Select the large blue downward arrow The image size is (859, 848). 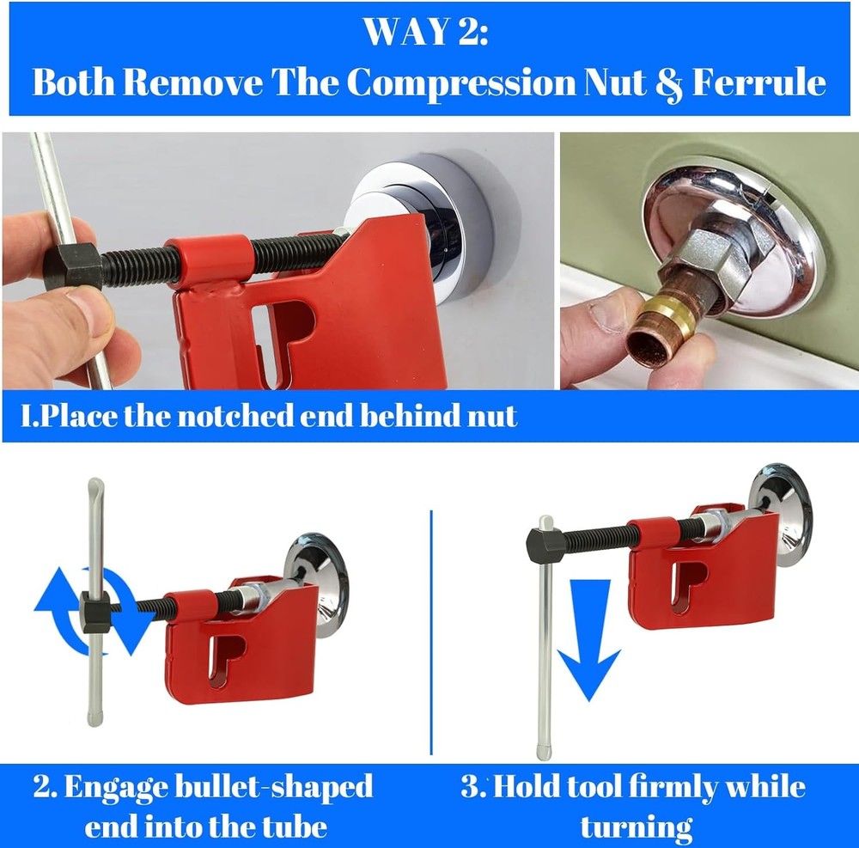(589, 640)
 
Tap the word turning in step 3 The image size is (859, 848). (636, 827)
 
